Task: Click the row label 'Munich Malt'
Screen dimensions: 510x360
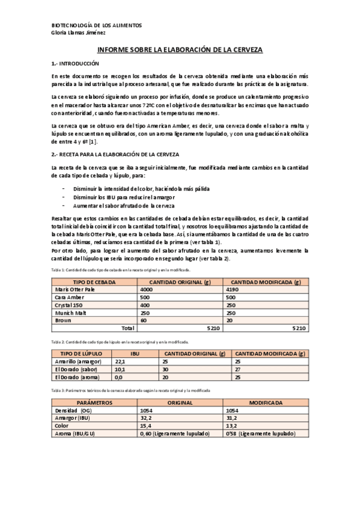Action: [x=69, y=313]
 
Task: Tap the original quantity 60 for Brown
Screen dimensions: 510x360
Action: [x=143, y=321]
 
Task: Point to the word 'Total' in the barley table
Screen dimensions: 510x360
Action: [x=127, y=328]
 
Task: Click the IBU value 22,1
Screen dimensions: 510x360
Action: [x=120, y=361]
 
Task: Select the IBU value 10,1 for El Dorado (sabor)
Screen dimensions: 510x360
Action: [x=120, y=369]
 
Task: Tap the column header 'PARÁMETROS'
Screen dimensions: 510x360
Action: [x=94, y=402]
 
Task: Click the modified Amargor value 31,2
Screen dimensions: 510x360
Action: [x=231, y=418]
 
